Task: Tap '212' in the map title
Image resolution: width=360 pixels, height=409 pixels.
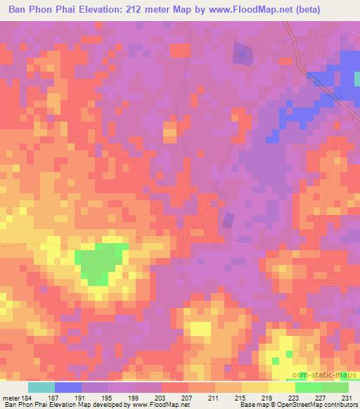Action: [161, 10]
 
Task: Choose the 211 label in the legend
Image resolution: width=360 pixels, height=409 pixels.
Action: [214, 398]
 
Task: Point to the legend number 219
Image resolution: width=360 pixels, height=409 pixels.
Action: [268, 398]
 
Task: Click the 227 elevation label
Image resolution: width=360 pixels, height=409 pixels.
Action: [321, 398]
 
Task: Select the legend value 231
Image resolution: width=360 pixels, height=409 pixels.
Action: [347, 398]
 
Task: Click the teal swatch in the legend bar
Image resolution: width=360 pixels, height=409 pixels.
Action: [41, 387]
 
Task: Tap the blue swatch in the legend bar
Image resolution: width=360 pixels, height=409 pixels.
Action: [68, 387]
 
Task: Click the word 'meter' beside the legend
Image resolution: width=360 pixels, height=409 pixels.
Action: [10, 398]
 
